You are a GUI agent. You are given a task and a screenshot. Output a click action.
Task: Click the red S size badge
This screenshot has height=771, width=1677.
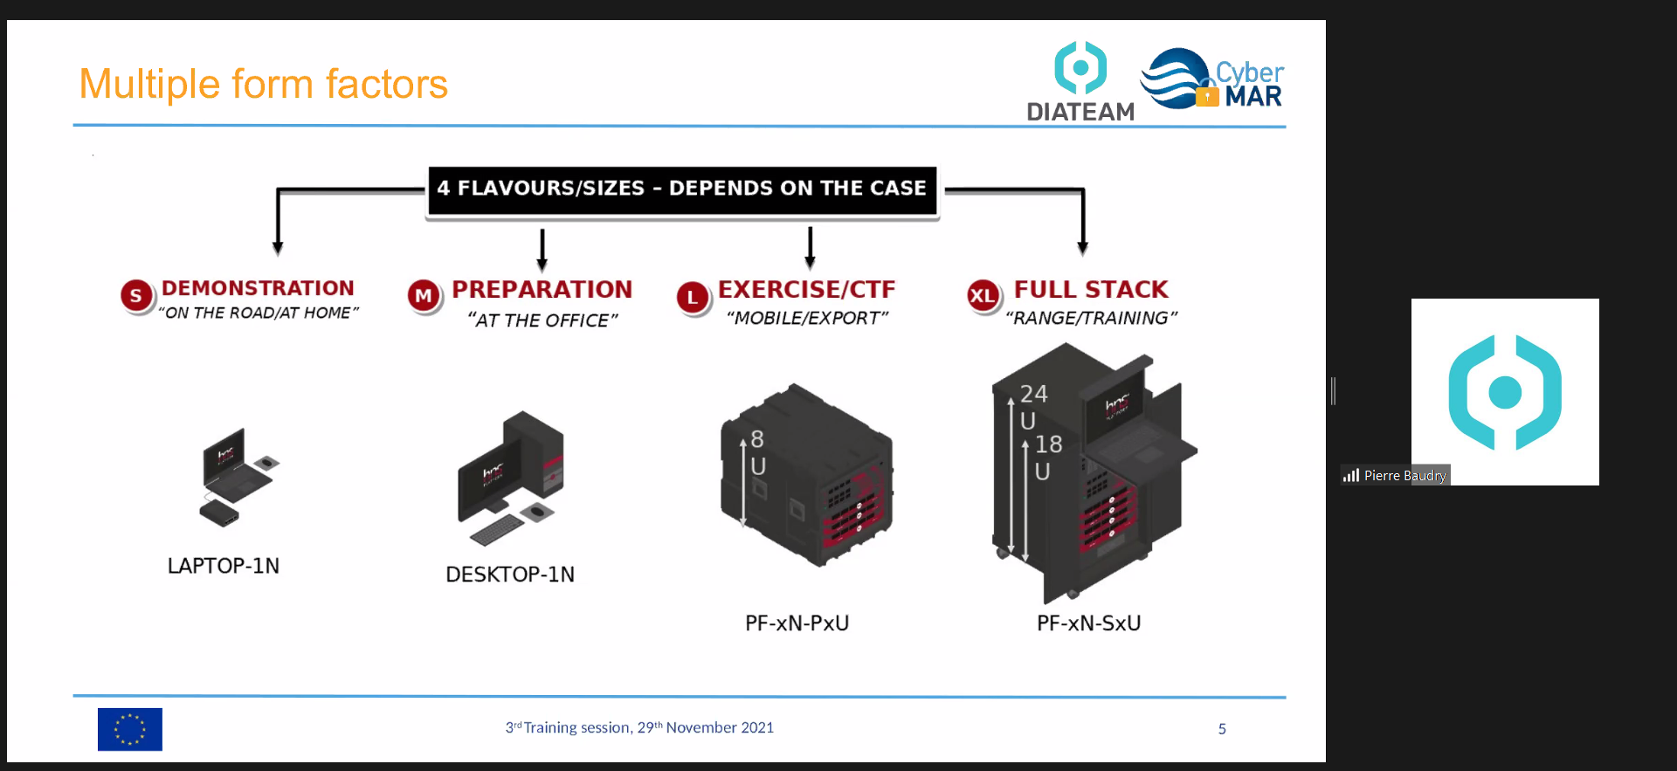tap(135, 296)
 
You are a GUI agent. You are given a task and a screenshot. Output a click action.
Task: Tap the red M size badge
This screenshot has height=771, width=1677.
tap(424, 296)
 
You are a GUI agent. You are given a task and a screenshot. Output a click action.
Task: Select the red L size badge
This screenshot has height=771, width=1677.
tap(693, 297)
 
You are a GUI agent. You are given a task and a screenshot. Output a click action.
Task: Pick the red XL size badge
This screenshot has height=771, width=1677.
tap(983, 296)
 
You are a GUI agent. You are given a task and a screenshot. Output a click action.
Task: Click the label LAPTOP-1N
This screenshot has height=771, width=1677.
tap(224, 566)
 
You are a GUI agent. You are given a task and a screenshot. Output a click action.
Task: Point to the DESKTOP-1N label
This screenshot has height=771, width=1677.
tap(510, 575)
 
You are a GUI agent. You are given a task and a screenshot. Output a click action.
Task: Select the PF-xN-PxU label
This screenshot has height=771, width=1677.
tap(797, 623)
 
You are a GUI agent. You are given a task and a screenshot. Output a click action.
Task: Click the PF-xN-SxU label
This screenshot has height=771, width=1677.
tap(1088, 623)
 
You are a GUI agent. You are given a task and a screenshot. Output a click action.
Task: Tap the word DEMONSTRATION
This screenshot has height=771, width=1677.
tap(258, 288)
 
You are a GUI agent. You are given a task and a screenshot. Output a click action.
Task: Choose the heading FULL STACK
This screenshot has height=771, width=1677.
tap(1091, 289)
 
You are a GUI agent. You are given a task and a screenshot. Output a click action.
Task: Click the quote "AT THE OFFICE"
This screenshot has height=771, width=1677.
tap(542, 320)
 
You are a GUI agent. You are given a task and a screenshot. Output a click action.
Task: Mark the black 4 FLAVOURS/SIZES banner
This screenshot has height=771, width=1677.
tap(681, 189)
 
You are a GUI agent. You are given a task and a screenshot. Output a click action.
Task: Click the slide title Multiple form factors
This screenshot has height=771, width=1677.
tap(263, 85)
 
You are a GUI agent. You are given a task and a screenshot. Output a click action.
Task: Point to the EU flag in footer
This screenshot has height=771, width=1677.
tap(130, 729)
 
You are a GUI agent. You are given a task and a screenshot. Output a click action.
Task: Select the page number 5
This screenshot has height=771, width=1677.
tap(1222, 729)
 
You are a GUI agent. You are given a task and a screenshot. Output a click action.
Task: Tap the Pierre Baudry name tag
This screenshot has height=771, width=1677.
tap(1404, 475)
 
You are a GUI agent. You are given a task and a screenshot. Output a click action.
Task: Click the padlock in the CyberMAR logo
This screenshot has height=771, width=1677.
tap(1207, 95)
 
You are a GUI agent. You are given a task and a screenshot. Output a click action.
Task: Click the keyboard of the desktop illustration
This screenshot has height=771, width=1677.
tap(497, 527)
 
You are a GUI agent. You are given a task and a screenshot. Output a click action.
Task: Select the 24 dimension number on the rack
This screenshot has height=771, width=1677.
tap(1034, 394)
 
